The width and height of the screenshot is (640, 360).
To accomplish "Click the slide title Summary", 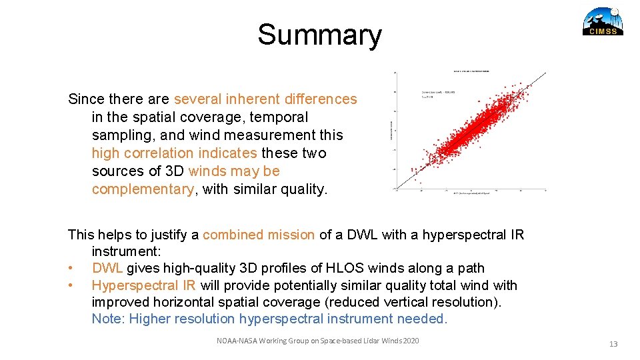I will pos(319,35).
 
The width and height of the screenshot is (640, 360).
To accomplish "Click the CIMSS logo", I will pos(603,21).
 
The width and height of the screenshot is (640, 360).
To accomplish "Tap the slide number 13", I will pos(613,344).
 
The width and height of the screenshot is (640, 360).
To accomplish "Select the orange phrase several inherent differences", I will pos(265,99).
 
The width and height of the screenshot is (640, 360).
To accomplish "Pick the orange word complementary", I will pos(143,189).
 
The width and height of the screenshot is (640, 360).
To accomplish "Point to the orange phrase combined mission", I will pos(259,235).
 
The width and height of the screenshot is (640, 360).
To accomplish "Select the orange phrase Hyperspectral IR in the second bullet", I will pos(143,285).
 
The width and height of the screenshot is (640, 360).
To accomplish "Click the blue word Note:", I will pos(109,319).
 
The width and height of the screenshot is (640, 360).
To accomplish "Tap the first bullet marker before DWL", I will pos(71,269).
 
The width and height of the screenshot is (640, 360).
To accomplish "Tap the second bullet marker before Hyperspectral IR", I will pos(71,286).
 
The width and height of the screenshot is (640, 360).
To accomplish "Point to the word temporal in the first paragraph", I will pos(279,117).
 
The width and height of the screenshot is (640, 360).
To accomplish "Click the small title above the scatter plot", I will pos(471,70).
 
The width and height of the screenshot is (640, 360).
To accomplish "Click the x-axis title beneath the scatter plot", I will pos(471,193).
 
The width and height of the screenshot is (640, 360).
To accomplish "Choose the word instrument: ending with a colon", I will pos(125,252).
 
